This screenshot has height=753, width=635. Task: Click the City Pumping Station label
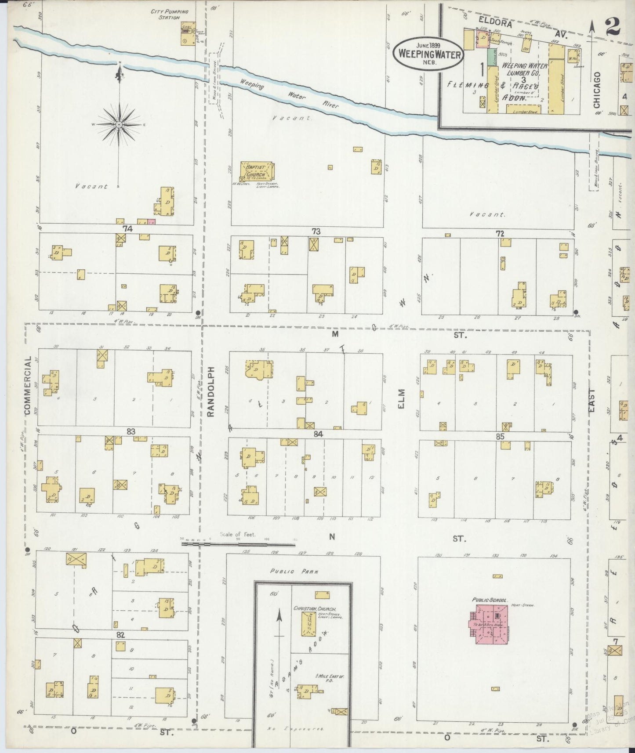pos(169,14)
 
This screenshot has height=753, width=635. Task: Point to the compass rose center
pos(119,125)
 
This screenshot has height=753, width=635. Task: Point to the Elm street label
pos(402,399)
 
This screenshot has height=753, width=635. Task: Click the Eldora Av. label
pos(495,25)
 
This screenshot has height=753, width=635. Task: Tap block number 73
pos(316,232)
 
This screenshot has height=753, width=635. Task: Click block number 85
pos(500,437)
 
